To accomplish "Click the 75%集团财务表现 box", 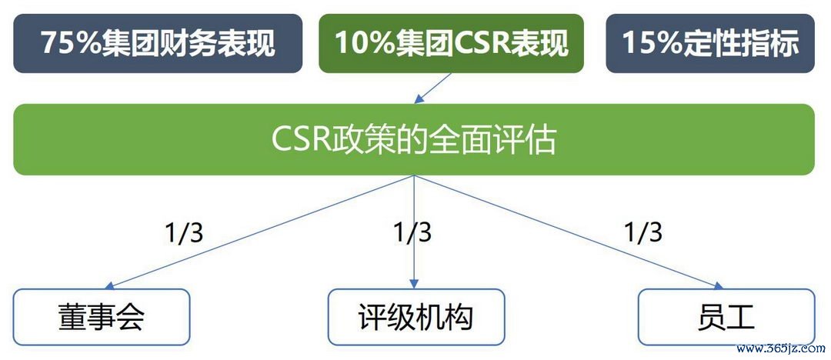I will point(158,43).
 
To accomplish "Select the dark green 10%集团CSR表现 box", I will point(451,43).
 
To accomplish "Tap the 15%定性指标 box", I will point(709,43).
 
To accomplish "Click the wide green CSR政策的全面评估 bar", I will point(414,140).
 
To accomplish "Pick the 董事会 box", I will point(102,317).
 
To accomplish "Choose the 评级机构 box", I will point(415,317).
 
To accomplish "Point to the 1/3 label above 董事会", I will point(184,232).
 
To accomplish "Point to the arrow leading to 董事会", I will point(262,231).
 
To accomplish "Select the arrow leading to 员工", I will point(569,231).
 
